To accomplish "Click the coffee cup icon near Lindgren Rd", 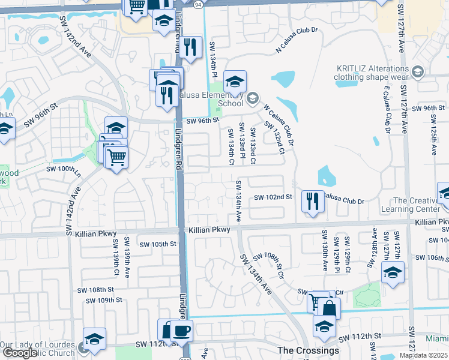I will click(181, 329).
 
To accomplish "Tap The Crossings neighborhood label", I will click(309, 350).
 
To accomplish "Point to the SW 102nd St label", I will click(273, 197).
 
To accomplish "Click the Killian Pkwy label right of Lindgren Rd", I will click(209, 230).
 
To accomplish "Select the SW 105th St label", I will click(158, 244).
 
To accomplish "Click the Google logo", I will click(20, 353).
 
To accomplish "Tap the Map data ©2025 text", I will click(423, 355).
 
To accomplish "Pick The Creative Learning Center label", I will click(417, 205).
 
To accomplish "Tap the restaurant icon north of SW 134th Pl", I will click(190, 46).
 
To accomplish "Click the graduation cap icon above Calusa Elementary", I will click(235, 80).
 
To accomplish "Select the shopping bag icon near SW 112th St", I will click(328, 308).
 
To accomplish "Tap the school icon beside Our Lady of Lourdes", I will click(94, 338).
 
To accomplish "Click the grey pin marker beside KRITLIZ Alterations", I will click(418, 73).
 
